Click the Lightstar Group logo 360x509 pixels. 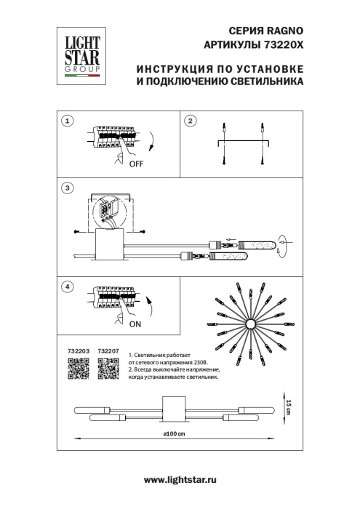tap(79, 51)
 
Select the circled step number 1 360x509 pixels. tap(67, 121)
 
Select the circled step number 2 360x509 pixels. tap(190, 121)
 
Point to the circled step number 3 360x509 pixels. tap(67, 188)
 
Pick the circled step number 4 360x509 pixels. tap(67, 286)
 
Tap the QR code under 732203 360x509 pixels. tap(78, 372)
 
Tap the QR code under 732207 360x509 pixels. tap(108, 372)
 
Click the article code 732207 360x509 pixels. tap(108, 350)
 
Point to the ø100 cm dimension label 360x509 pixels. tap(173, 434)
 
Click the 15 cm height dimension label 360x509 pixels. tap(288, 408)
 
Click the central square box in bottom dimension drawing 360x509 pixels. tap(175, 409)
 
